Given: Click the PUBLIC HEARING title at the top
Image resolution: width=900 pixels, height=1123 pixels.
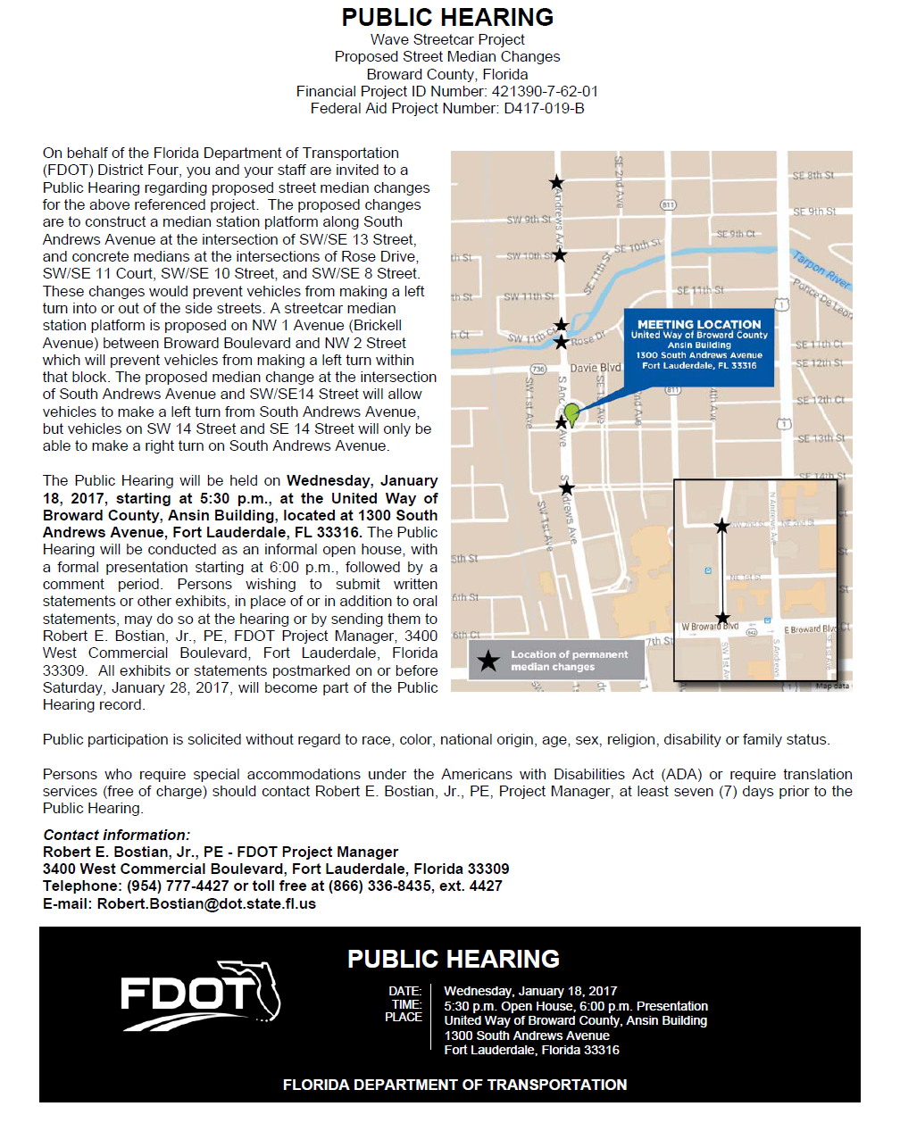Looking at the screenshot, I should [x=447, y=17].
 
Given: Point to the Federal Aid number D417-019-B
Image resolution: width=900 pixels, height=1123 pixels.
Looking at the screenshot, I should [x=544, y=108].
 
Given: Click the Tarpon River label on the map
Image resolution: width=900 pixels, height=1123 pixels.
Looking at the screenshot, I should [x=821, y=269].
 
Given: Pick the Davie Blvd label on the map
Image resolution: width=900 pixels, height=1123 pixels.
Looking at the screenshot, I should [x=596, y=367].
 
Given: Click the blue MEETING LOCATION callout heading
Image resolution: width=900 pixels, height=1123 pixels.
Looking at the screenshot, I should [x=699, y=324].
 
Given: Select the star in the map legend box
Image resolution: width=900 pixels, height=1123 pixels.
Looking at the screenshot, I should [x=488, y=661].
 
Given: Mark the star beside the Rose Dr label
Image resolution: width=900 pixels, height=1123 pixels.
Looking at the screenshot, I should [x=562, y=342].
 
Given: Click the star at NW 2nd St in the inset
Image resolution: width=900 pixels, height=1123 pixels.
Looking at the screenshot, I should [x=722, y=526].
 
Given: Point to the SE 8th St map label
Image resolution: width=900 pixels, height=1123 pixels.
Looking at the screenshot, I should [x=812, y=176].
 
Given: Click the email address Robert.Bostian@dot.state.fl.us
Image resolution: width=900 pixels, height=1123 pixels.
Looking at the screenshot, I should [x=206, y=903].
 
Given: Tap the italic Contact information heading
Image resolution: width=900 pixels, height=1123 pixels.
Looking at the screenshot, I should [x=116, y=835].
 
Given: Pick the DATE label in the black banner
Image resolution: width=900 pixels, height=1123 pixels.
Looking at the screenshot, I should [x=404, y=991].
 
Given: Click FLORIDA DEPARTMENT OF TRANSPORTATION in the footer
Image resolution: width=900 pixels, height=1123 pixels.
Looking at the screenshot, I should [x=454, y=1085].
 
